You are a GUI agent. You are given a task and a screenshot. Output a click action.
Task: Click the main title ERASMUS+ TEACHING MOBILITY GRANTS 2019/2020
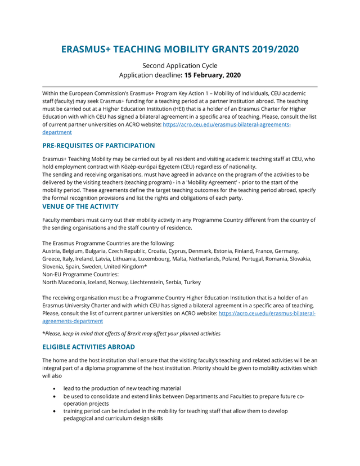pyautogui.click(x=180, y=49)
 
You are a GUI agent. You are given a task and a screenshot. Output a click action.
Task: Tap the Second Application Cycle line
pyautogui.click(x=180, y=65)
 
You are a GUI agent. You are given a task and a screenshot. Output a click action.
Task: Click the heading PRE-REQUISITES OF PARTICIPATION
pyautogui.click(x=98, y=146)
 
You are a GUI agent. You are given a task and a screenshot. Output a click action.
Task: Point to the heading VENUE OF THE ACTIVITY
pyautogui.click(x=80, y=207)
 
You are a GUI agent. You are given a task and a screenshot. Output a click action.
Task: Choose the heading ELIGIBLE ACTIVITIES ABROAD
pyautogui.click(x=88, y=347)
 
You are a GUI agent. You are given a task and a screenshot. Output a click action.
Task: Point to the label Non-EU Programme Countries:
pyautogui.click(x=80, y=274)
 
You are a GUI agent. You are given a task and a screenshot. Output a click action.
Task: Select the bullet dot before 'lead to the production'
pyautogui.click(x=54, y=388)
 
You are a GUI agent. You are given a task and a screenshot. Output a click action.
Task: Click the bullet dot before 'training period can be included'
pyautogui.click(x=54, y=411)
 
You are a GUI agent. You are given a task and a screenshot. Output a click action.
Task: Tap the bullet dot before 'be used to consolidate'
pyautogui.click(x=54, y=396)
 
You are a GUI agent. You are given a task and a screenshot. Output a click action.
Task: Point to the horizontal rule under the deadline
pyautogui.click(x=180, y=87)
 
